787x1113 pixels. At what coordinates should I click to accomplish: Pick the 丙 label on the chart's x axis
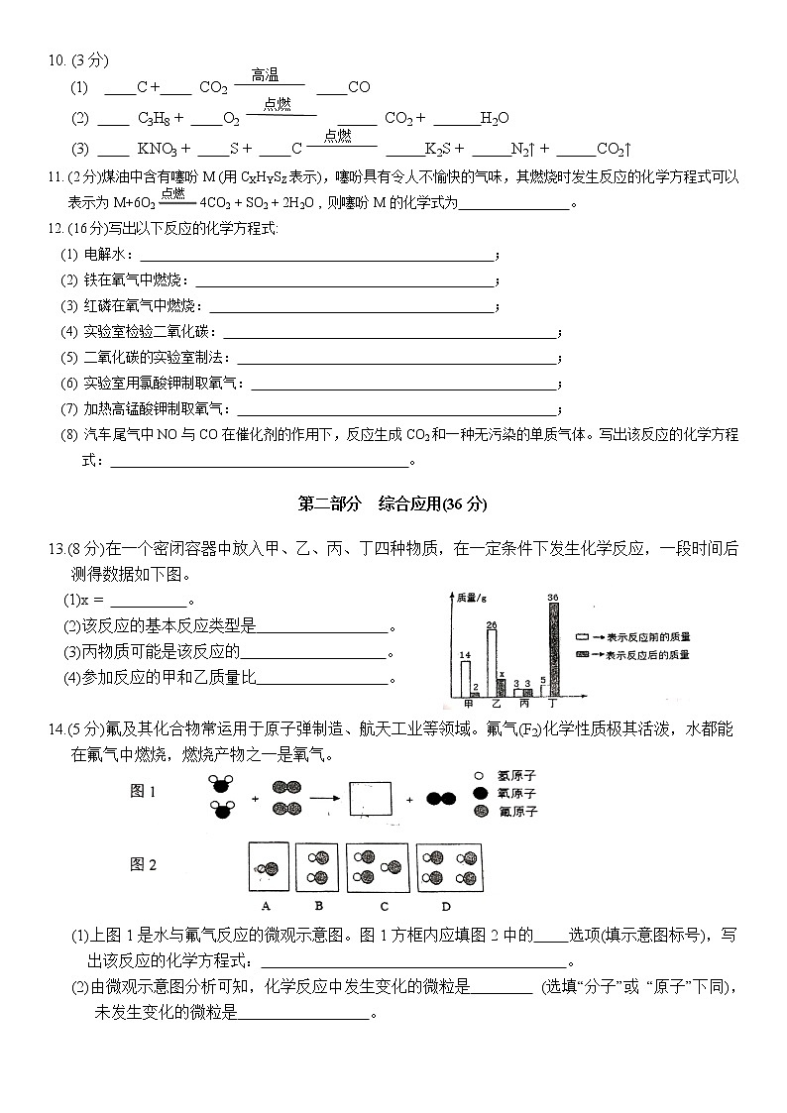[523, 704]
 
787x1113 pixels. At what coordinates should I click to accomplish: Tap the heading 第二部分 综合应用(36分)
[393, 504]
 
